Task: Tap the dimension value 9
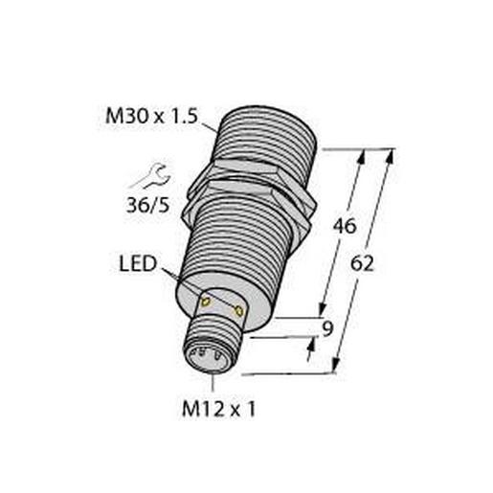point(327,332)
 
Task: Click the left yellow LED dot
point(205,302)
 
